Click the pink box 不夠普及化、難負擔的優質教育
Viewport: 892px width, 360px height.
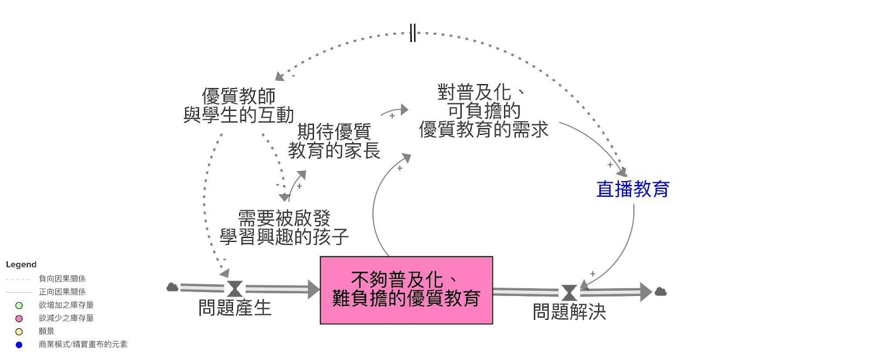tap(406, 290)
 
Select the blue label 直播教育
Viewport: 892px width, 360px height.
tap(633, 189)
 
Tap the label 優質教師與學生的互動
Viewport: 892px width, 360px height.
tap(239, 105)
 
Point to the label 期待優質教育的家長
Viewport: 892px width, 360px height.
tap(333, 141)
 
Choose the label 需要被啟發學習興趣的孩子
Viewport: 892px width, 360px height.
tap(284, 227)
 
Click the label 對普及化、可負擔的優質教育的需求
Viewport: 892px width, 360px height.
tap(483, 111)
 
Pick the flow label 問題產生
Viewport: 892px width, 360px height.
tap(235, 308)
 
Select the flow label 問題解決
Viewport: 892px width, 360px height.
tap(569, 312)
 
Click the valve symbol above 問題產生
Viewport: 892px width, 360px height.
tap(235, 289)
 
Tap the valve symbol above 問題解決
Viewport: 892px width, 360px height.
tap(569, 293)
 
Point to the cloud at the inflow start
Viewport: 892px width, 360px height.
tap(172, 287)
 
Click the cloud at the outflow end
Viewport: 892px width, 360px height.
tap(661, 291)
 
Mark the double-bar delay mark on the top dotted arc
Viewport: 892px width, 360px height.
tap(413, 33)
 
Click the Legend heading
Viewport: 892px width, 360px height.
tap(21, 265)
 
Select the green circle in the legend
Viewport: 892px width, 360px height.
tap(19, 305)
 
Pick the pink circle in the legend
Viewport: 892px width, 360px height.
tap(19, 318)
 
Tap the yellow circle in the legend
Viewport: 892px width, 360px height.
tap(19, 332)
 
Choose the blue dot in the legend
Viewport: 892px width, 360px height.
tap(19, 345)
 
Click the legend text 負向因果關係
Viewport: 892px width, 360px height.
tap(62, 279)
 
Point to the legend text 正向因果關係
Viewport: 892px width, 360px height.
tap(62, 292)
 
